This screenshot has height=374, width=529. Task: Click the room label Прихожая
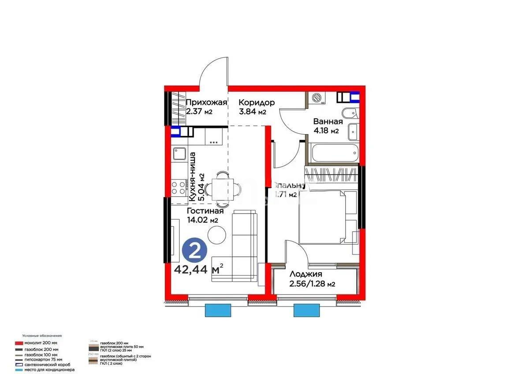coord(206,102)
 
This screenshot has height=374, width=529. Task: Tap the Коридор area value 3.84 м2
coord(252,112)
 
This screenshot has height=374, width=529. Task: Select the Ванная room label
coord(328,121)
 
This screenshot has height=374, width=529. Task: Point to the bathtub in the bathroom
coord(332,153)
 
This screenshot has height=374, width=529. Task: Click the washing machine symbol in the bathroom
coord(317,98)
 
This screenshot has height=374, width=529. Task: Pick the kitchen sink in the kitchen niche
coord(180,154)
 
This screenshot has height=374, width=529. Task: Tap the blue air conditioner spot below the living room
coord(218,311)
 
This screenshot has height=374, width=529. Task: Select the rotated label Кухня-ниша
coord(193,176)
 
